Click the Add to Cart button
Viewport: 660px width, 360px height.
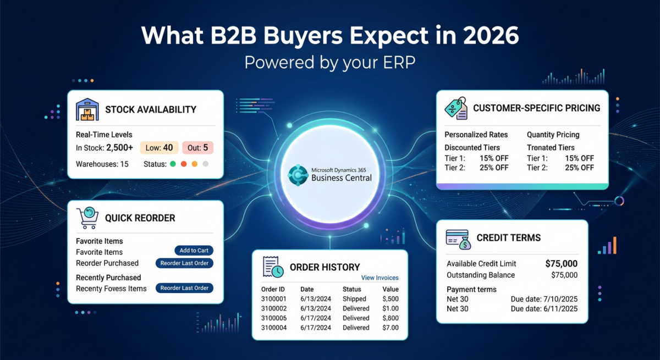pyautogui.click(x=194, y=251)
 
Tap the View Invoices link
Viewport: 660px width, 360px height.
pyautogui.click(x=380, y=278)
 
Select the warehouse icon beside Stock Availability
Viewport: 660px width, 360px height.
pyautogui.click(x=87, y=109)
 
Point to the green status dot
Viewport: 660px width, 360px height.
pyautogui.click(x=173, y=164)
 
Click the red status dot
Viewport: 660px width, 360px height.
pyautogui.click(x=184, y=164)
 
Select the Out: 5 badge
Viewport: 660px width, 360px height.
pyautogui.click(x=197, y=147)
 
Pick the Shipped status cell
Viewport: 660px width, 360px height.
pyautogui.click(x=354, y=299)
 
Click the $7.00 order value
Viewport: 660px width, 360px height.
pyautogui.click(x=391, y=328)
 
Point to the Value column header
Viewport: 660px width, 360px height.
pyautogui.click(x=391, y=289)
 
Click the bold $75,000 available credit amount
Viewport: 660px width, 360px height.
pyautogui.click(x=561, y=264)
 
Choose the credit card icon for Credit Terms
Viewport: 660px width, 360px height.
pyautogui.click(x=458, y=239)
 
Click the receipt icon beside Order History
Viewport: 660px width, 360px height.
pyautogui.click(x=273, y=267)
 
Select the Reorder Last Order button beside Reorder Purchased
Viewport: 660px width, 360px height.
pyautogui.click(x=184, y=263)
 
